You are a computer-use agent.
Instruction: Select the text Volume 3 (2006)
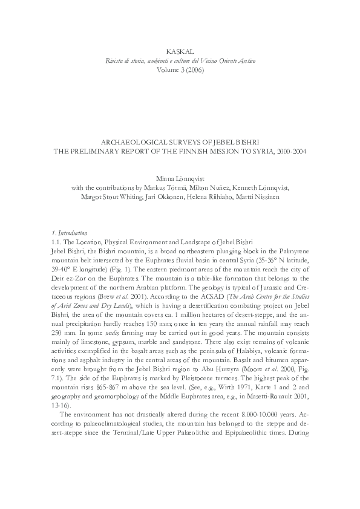(180, 70)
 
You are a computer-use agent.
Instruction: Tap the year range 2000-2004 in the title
(291, 150)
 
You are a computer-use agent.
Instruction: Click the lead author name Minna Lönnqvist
(180, 178)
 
